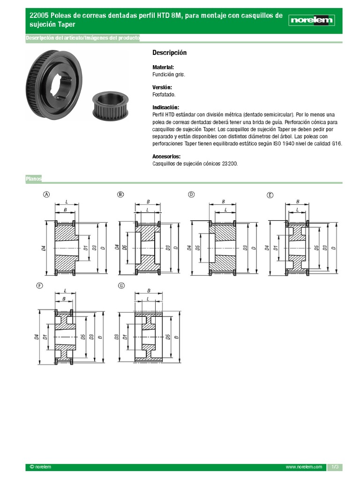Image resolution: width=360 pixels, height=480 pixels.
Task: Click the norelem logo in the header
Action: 312,20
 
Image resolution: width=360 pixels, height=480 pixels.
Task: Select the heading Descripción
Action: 169,52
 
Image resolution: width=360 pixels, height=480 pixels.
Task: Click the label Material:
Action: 163,67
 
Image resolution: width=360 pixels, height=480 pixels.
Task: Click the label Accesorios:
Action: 166,157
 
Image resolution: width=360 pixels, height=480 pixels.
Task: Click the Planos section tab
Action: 34,179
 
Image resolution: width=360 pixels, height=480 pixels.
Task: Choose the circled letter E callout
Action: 270,195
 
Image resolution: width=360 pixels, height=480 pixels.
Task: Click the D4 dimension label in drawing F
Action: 37,336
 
